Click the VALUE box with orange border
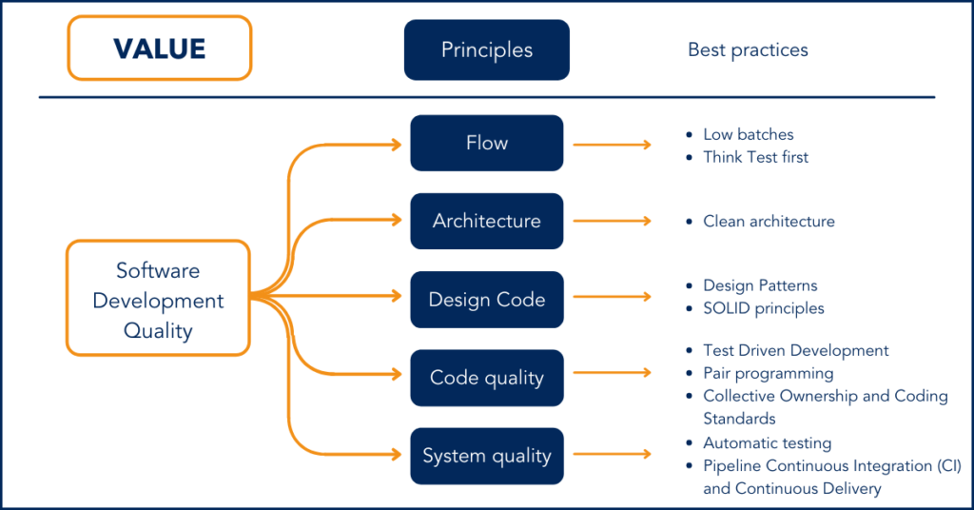point(159,48)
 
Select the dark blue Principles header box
point(486,49)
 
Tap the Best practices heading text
point(748,49)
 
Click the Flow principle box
point(486,143)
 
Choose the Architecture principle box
point(486,221)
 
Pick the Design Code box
point(486,300)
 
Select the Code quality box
point(486,378)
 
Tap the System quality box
point(486,456)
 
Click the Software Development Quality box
point(158,300)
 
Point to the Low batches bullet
point(748,135)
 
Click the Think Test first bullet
point(755,157)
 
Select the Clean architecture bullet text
point(769,222)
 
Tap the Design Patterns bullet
point(760,285)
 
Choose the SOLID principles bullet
point(763,308)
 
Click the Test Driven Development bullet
point(795,351)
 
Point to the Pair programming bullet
point(768,373)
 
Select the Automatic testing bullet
point(767,443)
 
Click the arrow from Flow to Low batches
point(612,145)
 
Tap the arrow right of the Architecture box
point(612,221)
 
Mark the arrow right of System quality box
point(612,456)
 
